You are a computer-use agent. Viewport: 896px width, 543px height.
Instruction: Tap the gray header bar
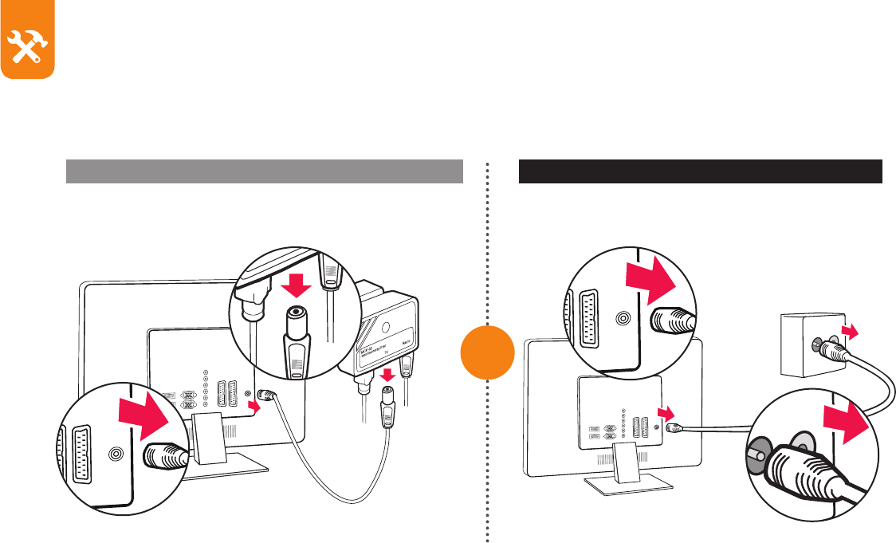(x=264, y=171)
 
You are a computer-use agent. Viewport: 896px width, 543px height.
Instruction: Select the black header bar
(x=701, y=171)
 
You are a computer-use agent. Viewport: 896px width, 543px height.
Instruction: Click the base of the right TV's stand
(x=626, y=482)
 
